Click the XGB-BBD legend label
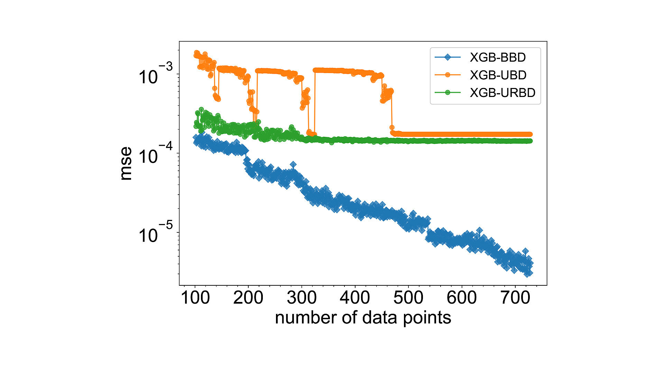[497, 57]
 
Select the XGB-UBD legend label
[498, 75]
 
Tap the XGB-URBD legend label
[502, 92]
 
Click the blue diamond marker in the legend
[448, 57]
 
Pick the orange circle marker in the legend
[448, 75]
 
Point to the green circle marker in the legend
[448, 92]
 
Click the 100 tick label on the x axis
[195, 298]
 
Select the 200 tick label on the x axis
[248, 298]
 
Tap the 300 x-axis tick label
[302, 298]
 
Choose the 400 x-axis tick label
[355, 298]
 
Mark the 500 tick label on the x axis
[408, 298]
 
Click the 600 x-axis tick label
[462, 298]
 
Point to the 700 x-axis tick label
[515, 298]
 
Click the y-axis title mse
[126, 163]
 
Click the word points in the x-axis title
[427, 318]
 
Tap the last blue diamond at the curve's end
[529, 273]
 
